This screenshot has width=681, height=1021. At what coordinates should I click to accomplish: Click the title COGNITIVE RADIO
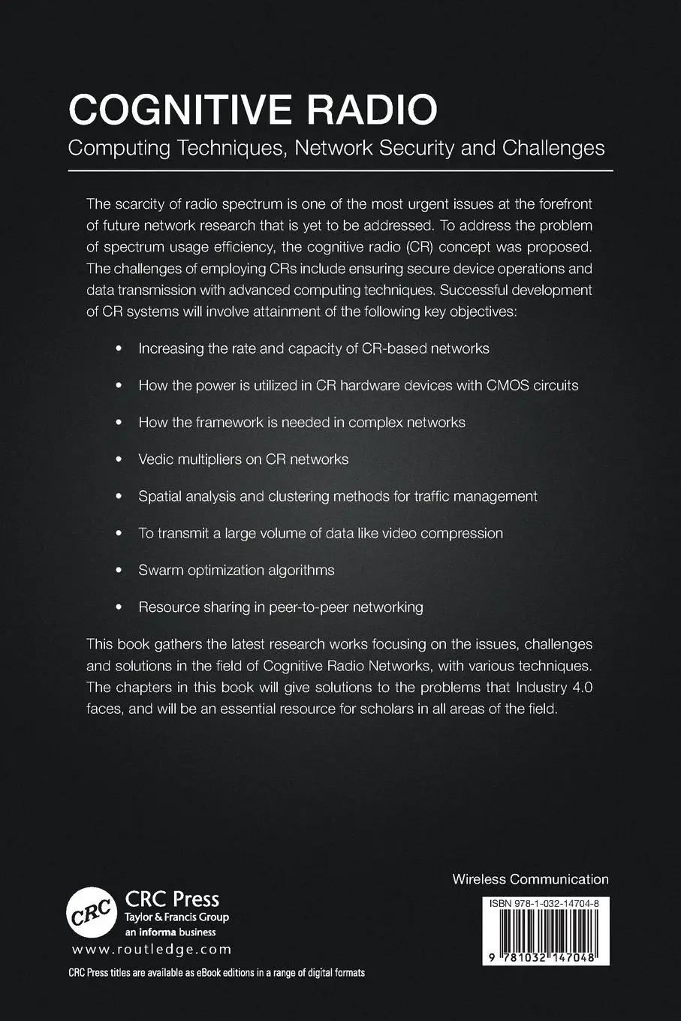tap(252, 110)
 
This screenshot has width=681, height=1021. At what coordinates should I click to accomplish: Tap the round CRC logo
tap(92, 913)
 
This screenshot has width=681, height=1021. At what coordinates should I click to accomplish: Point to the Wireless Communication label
tap(530, 879)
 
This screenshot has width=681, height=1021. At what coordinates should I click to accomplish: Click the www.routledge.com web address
tap(152, 949)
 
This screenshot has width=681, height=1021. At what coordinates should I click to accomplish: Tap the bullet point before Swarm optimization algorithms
tap(118, 571)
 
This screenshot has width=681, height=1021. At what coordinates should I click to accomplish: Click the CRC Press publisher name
tap(172, 899)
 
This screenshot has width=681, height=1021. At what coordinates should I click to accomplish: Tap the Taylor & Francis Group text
tap(176, 917)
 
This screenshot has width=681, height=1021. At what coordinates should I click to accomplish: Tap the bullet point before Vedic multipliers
tap(118, 460)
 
